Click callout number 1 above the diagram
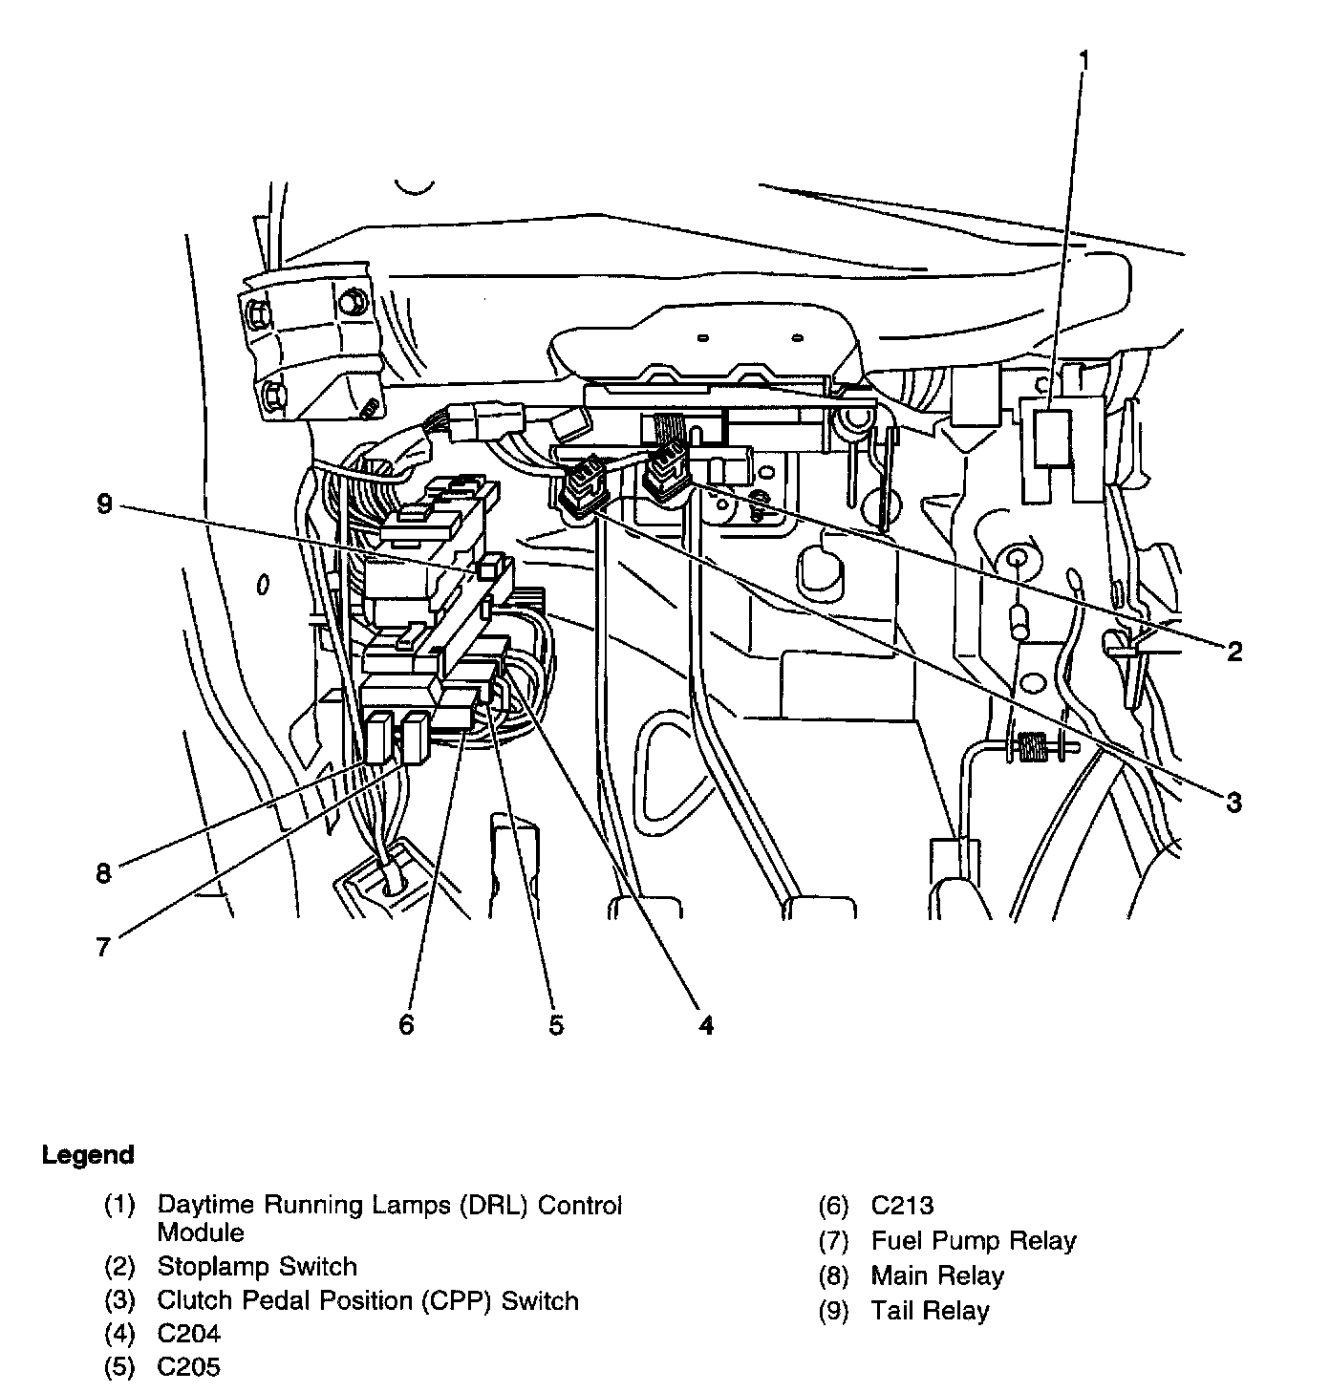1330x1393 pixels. click(1083, 61)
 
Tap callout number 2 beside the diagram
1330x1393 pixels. click(1234, 652)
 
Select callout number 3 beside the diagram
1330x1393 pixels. click(1233, 803)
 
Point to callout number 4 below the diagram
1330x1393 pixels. click(706, 1026)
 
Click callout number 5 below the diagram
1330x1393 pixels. click(556, 1026)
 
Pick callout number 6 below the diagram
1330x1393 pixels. click(406, 1025)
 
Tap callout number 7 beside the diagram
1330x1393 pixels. click(103, 947)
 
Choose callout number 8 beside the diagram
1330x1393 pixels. click(104, 873)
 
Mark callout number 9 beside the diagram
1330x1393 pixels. click(104, 504)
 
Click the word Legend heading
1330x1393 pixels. click(88, 1155)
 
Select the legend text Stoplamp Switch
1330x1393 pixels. click(257, 1266)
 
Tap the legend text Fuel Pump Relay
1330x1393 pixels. click(974, 1240)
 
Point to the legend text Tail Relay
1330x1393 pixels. click(930, 1311)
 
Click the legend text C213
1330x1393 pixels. click(902, 1206)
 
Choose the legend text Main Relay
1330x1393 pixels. click(937, 1275)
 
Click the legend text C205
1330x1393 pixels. click(189, 1366)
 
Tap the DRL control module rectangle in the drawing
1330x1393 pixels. click(1052, 439)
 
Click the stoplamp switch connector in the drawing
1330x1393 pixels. click(666, 469)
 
